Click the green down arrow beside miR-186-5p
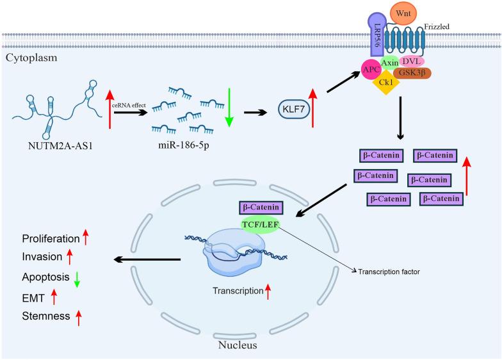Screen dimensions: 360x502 click(228, 106)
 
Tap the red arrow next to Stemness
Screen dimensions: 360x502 click(79, 318)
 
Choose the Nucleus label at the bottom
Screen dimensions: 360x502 click(241, 345)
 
